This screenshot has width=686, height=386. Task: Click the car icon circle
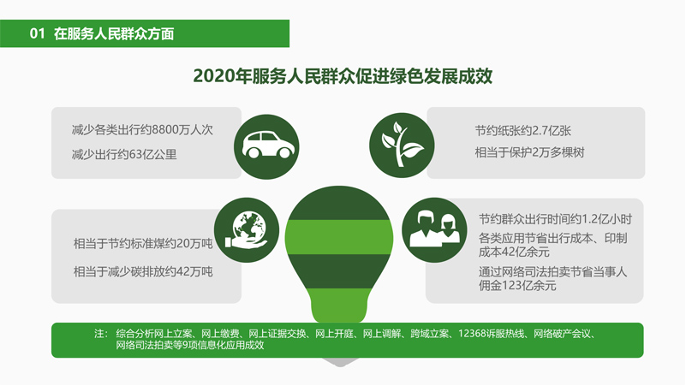(x=266, y=147)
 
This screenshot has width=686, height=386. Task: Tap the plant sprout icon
(x=402, y=145)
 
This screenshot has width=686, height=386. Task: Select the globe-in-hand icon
(x=247, y=230)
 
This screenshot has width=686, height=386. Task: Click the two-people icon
(x=434, y=230)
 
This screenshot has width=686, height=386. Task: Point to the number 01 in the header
(x=37, y=33)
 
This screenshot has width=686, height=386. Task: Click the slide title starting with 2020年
(x=343, y=76)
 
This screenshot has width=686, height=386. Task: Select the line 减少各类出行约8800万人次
(x=142, y=130)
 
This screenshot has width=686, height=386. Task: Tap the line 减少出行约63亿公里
(x=124, y=155)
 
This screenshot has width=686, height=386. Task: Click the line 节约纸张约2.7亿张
(x=523, y=131)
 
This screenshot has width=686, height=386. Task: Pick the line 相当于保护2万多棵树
(x=530, y=152)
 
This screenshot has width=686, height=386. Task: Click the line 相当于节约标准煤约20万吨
(x=143, y=243)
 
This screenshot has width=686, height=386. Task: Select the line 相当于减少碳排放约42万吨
(x=143, y=272)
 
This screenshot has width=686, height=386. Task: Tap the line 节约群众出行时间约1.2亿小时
(x=555, y=219)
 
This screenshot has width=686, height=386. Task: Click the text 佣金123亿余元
(x=517, y=286)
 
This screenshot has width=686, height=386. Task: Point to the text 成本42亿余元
(x=514, y=252)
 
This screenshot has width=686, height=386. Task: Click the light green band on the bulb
(x=339, y=237)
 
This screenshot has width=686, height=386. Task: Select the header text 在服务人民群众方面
(x=114, y=33)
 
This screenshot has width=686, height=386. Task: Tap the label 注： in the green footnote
(x=101, y=334)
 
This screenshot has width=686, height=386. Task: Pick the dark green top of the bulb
(x=339, y=205)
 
